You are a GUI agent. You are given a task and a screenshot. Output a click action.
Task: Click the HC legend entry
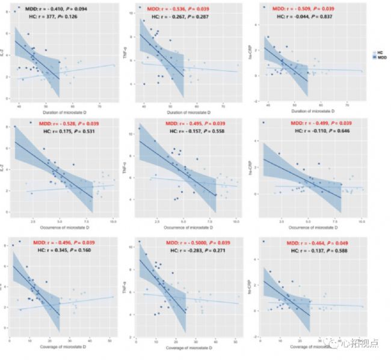[377, 53]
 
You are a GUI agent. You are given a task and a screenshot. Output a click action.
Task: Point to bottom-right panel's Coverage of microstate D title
[312, 347]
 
